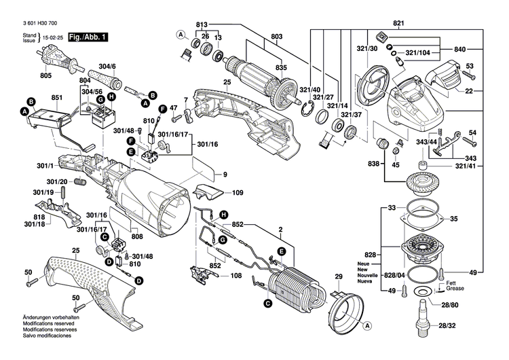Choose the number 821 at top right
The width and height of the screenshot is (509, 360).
(x=398, y=24)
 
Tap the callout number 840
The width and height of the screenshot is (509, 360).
(x=459, y=50)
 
